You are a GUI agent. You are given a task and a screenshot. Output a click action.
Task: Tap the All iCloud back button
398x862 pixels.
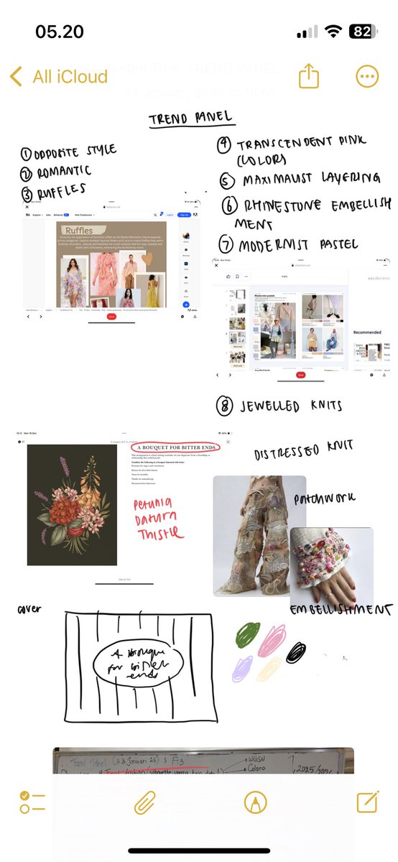click(x=59, y=77)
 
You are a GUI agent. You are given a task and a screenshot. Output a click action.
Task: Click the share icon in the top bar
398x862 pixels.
click(x=308, y=77)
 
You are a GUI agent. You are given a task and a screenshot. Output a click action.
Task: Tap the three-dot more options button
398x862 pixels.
click(x=367, y=77)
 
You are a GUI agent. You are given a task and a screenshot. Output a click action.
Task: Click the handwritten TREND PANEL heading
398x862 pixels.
click(x=190, y=119)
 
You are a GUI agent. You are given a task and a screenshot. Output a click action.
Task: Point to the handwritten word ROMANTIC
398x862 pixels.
click(x=55, y=170)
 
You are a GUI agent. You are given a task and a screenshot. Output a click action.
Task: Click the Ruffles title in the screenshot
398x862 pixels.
click(x=80, y=231)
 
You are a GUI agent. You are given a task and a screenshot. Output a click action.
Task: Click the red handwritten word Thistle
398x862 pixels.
click(x=159, y=533)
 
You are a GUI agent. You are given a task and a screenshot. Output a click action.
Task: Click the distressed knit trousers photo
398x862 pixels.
click(x=255, y=535)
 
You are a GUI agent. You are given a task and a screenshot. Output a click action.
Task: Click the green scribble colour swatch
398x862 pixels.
click(x=247, y=634)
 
